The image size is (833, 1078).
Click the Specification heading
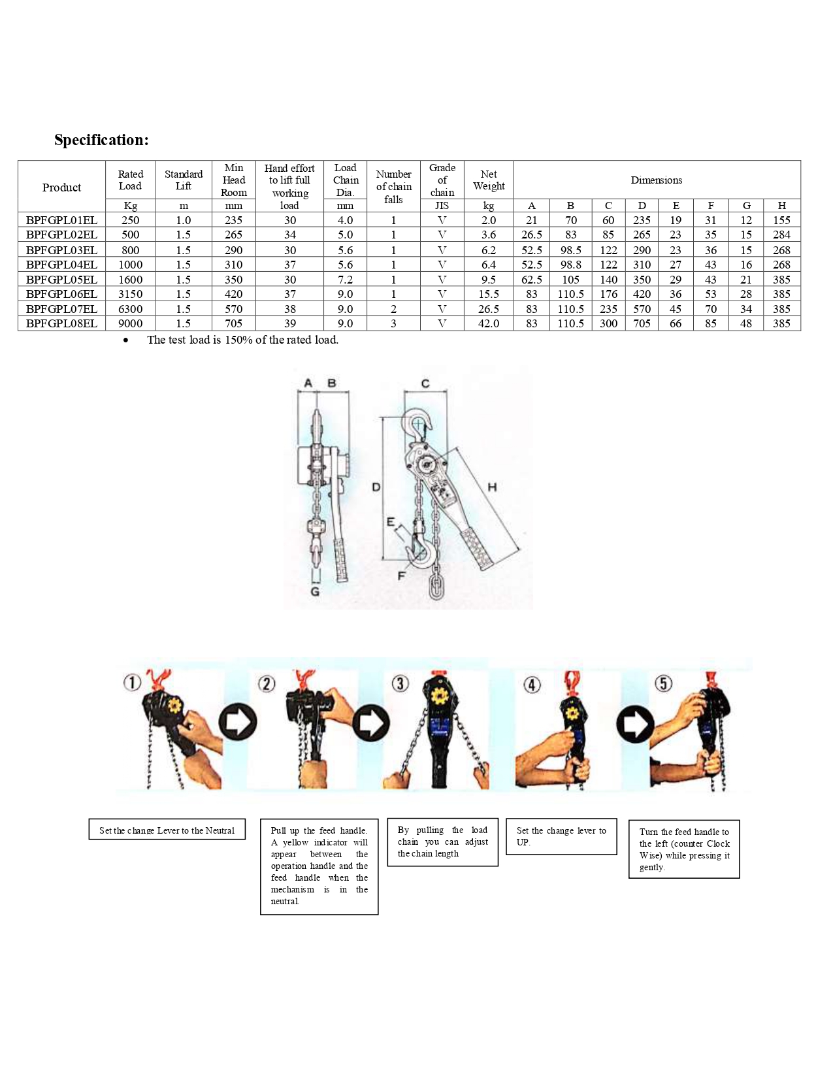101,140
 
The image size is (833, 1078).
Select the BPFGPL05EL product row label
61,280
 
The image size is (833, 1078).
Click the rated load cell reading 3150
131,294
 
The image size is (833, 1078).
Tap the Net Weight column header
489,180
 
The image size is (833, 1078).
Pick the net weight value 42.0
489,323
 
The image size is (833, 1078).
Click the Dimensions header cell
657,180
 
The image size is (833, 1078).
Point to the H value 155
781,220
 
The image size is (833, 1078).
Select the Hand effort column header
289,180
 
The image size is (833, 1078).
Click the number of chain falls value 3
393,323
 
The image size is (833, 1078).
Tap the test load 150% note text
242,340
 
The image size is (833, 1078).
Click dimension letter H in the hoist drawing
492,487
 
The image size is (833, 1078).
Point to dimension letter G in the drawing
315,591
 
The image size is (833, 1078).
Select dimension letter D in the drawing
376,487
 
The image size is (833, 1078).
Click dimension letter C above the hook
425,384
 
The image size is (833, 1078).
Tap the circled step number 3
400,683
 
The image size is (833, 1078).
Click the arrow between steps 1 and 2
238,722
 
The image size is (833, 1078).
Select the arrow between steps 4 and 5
635,724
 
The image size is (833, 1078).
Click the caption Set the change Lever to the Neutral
167,830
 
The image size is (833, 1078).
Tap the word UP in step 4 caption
523,842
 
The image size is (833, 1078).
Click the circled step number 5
663,683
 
